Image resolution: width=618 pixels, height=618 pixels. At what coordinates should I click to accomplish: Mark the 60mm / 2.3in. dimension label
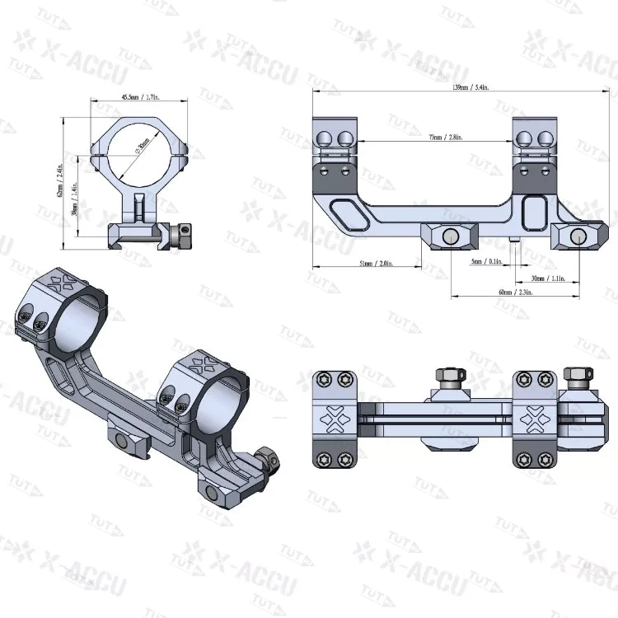point(513,292)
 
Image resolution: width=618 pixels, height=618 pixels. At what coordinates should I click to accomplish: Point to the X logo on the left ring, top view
point(334,419)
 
